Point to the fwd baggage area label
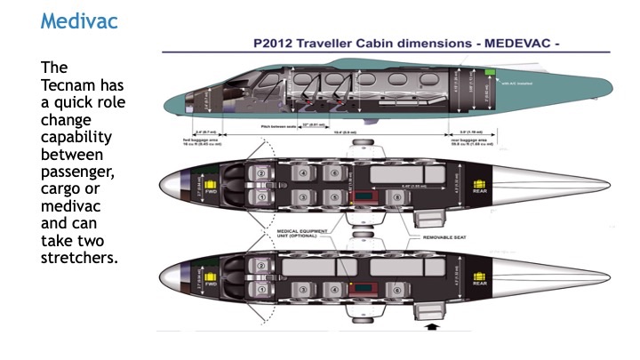click(x=211, y=140)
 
